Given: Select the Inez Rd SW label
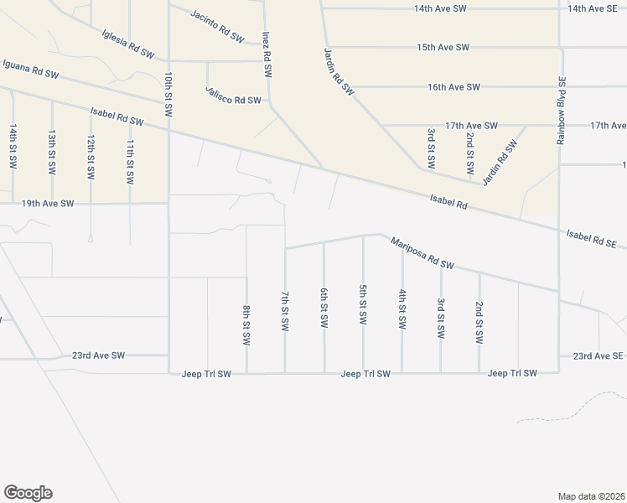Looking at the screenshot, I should pyautogui.click(x=267, y=55).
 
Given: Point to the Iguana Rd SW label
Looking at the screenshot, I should pyautogui.click(x=30, y=69).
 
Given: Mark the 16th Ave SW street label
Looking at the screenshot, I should pyautogui.click(x=453, y=87).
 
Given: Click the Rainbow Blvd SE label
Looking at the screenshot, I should pyautogui.click(x=561, y=110).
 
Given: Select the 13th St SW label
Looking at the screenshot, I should pyautogui.click(x=52, y=151).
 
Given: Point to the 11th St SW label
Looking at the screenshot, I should pyautogui.click(x=130, y=162).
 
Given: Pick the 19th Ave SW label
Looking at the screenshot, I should pyautogui.click(x=48, y=204).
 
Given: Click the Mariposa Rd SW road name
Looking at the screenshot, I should pyautogui.click(x=422, y=252).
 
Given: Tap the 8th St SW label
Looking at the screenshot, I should pyautogui.click(x=246, y=325).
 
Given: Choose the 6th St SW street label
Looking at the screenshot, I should pyautogui.click(x=324, y=308).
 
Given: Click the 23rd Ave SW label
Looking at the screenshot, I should pyautogui.click(x=98, y=355).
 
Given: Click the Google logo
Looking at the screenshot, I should pyautogui.click(x=28, y=493).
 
